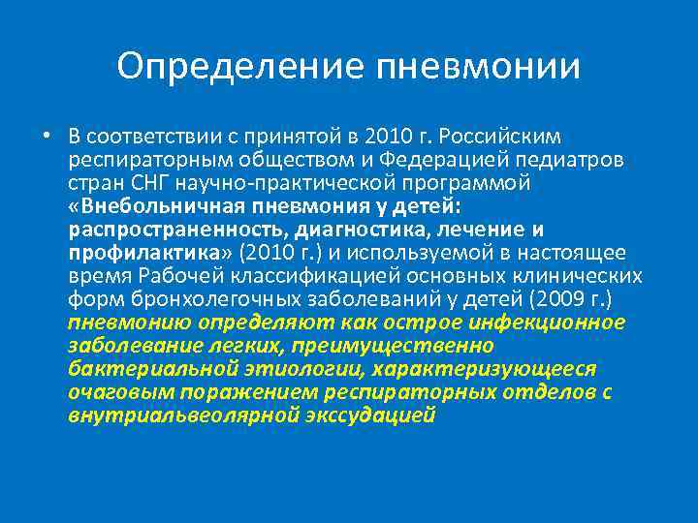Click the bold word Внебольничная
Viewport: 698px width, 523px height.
coord(150,205)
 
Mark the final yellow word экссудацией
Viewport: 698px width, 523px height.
coord(372,415)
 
